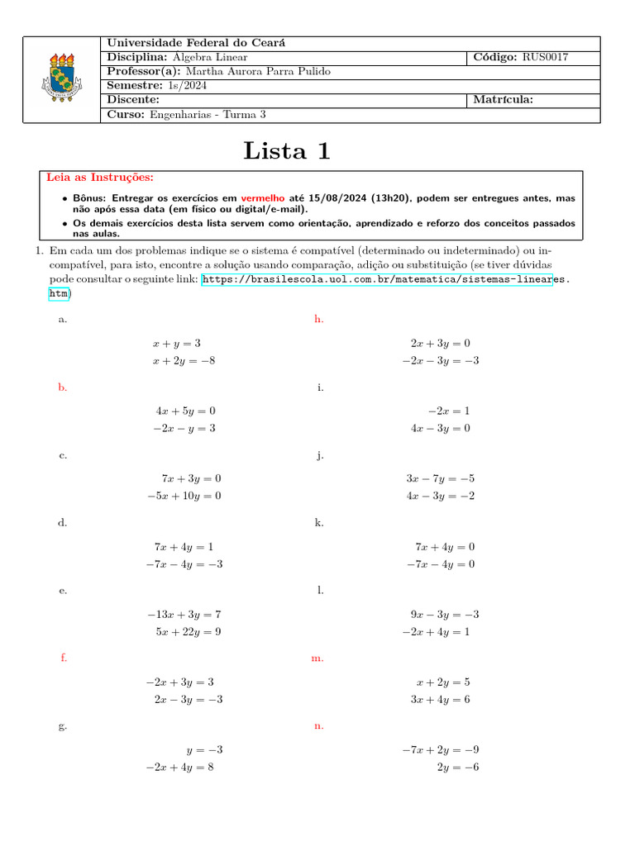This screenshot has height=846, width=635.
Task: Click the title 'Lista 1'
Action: tap(287, 150)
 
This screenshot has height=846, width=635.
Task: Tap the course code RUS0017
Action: tap(545, 57)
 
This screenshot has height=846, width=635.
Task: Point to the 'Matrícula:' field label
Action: tap(503, 100)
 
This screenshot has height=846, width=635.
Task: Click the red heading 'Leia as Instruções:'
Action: tap(100, 178)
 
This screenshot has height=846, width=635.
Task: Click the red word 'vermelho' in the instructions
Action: tap(263, 198)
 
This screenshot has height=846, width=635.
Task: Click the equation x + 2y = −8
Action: tap(184, 360)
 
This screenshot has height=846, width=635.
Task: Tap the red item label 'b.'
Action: tap(63, 387)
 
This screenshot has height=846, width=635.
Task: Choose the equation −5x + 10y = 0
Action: tap(184, 496)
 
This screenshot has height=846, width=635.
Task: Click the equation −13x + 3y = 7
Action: tap(184, 615)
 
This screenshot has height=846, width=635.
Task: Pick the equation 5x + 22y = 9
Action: tap(188, 632)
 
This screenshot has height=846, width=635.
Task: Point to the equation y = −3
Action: tap(204, 750)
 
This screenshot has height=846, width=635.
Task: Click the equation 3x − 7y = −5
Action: tap(440, 478)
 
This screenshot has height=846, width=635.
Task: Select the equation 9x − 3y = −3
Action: tap(444, 615)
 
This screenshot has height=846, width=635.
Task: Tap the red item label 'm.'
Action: tap(317, 658)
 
